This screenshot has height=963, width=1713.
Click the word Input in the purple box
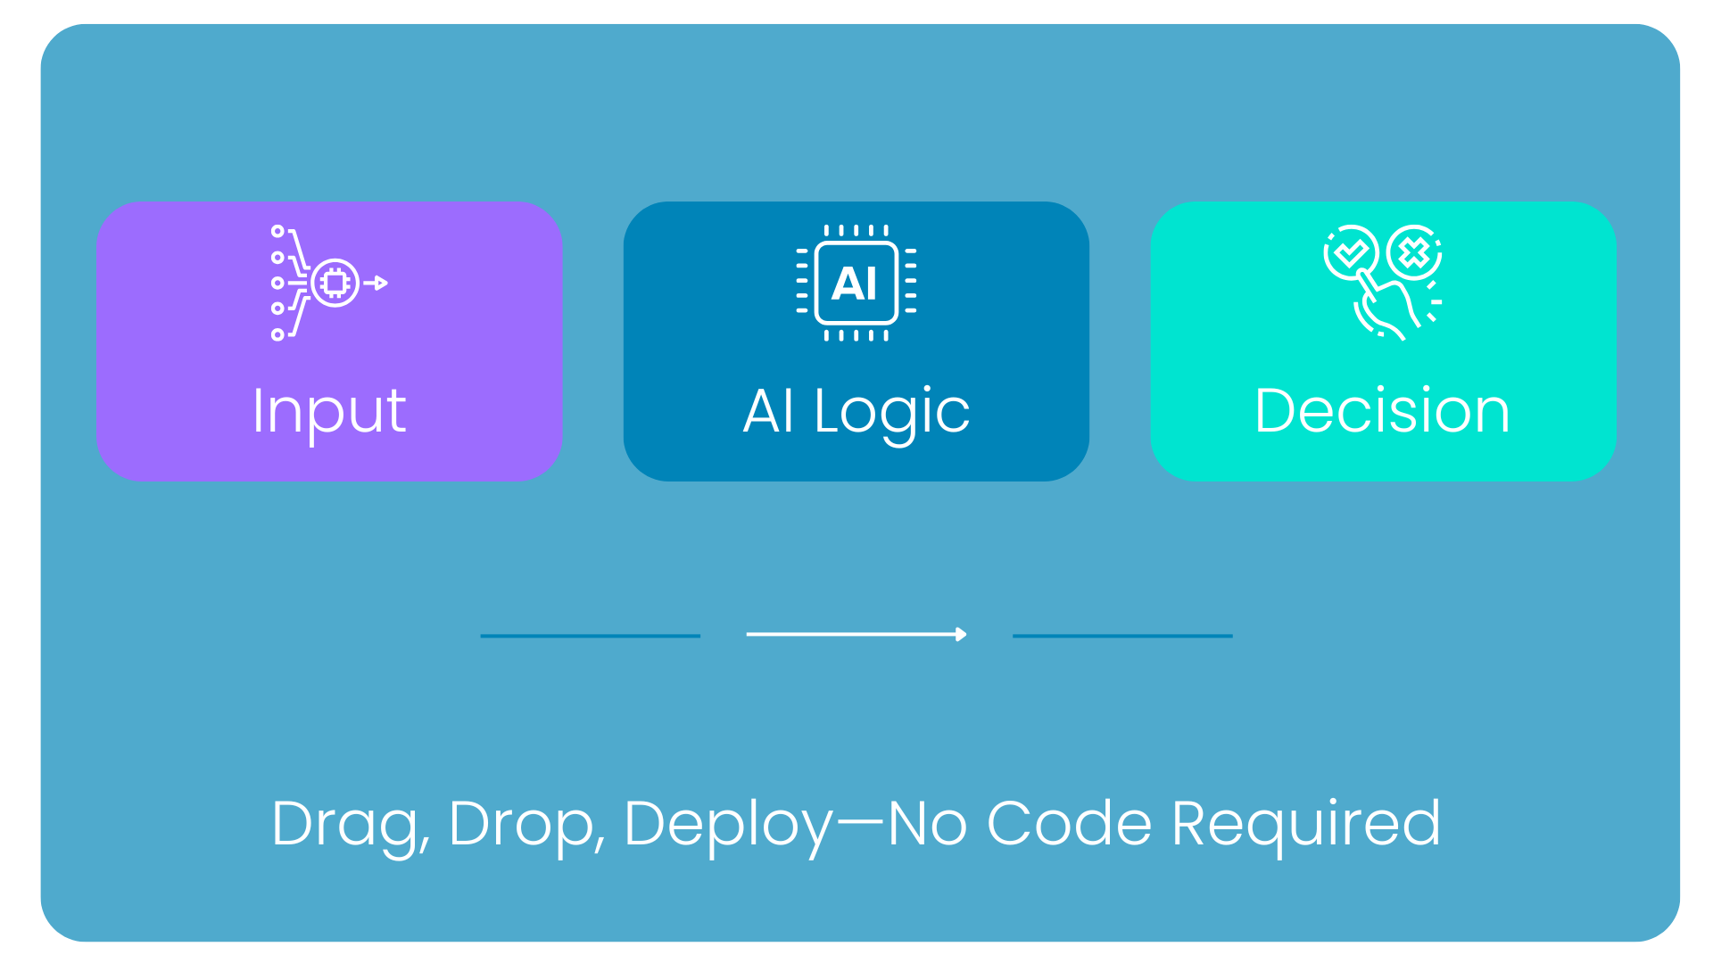click(329, 413)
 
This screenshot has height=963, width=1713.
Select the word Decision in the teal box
click(1382, 411)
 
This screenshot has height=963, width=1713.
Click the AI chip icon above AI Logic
click(856, 283)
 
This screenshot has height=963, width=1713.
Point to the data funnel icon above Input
click(329, 283)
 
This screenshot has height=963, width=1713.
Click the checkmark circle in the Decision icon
click(1351, 253)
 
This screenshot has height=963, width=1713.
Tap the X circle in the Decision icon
click(1414, 253)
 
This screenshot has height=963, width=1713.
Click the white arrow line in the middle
click(856, 634)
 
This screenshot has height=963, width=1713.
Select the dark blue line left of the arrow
click(590, 636)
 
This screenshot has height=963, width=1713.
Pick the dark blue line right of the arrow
click(1122, 636)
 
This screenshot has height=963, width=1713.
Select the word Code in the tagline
click(1069, 823)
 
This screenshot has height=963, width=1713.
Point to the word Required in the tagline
click(1306, 825)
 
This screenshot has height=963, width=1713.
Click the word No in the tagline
click(928, 823)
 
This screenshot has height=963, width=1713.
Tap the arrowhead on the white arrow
click(961, 634)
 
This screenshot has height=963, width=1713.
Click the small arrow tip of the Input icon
click(381, 284)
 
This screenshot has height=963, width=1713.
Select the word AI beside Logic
click(768, 411)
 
